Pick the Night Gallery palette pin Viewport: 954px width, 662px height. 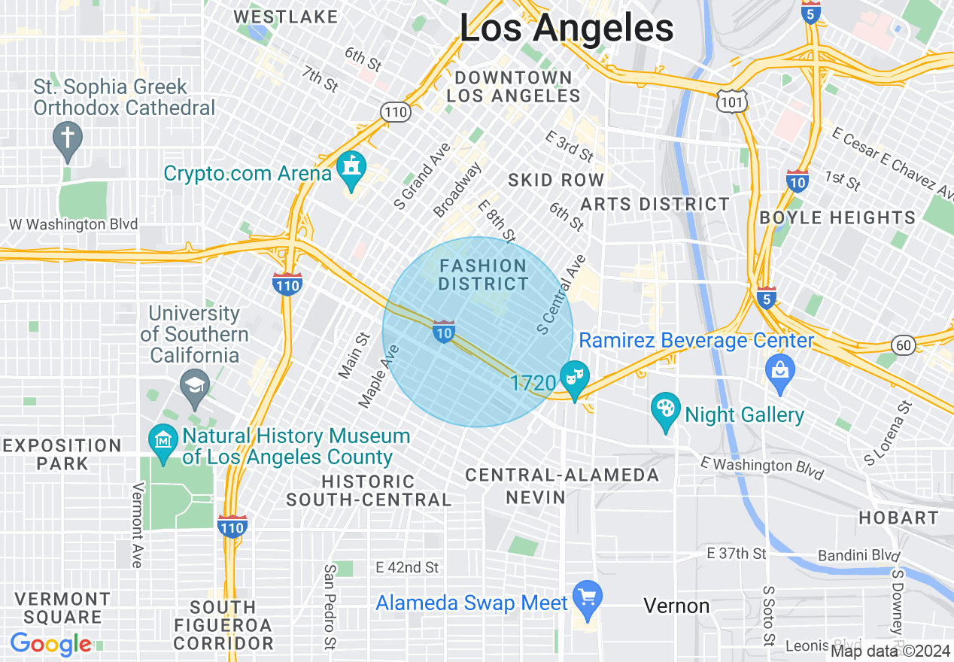665,411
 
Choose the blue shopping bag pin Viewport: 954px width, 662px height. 780,371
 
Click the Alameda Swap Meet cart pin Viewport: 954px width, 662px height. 587,597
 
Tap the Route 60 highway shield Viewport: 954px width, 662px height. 904,345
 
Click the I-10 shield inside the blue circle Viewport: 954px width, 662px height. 444,330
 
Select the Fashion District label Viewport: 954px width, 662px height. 483,275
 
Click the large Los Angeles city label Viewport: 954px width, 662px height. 566,29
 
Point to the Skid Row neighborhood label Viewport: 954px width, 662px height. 556,180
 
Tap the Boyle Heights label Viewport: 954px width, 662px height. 837,218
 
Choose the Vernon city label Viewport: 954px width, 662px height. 676,606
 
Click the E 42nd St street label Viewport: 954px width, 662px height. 408,567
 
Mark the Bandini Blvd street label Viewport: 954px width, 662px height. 858,555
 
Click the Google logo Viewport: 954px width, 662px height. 50,645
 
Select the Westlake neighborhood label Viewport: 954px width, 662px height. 285,17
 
